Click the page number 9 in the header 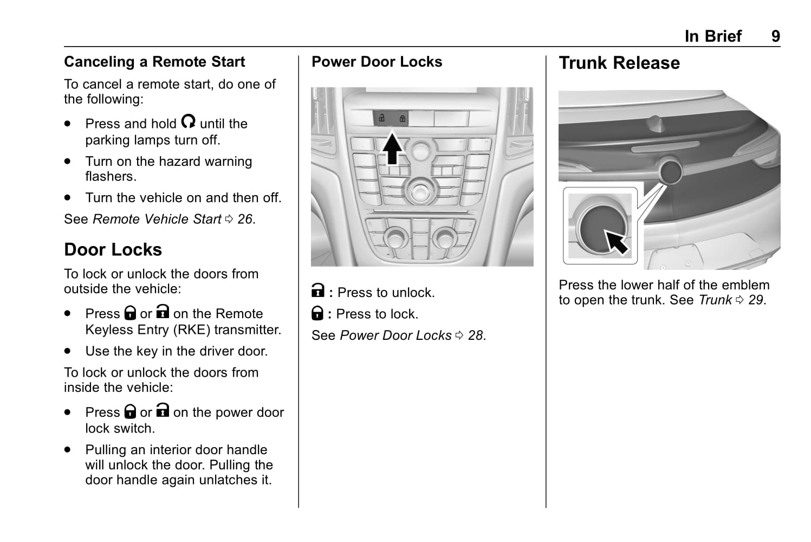coord(775,36)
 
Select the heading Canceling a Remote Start coord(154,62)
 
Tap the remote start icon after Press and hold coord(188,121)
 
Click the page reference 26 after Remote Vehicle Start coord(245,219)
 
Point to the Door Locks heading coord(113,249)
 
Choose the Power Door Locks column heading coord(377,62)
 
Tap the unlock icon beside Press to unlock coord(318,291)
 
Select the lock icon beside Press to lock coord(317,313)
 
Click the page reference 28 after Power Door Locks coord(476,335)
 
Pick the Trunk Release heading coord(619,63)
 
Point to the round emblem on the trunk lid coord(670,171)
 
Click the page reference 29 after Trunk coord(756,300)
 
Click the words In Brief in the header coord(713,36)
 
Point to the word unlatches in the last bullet coord(224,480)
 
